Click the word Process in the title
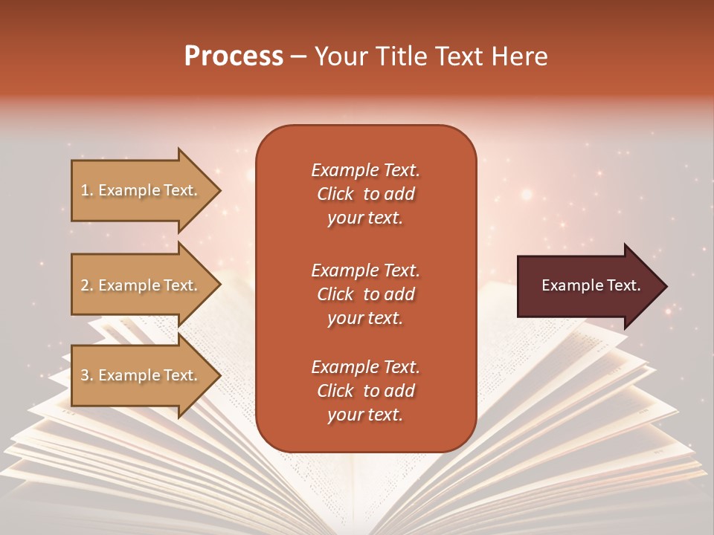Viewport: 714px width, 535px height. tap(234, 56)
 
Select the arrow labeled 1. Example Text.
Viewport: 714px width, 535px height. tap(141, 190)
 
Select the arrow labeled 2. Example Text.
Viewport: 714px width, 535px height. tap(141, 285)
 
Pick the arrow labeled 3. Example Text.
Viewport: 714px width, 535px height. tap(141, 375)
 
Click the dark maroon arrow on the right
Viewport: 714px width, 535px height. tap(588, 286)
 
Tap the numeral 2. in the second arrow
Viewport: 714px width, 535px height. tap(86, 285)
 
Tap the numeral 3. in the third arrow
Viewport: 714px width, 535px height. tap(86, 375)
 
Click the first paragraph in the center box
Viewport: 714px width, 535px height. tap(365, 194)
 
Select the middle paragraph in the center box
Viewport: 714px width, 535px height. tap(365, 294)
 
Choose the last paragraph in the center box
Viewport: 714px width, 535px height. tap(365, 391)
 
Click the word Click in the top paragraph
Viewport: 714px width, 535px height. tap(335, 194)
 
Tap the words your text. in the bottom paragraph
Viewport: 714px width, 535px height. tap(365, 415)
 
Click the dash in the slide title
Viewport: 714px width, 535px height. tap(298, 56)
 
